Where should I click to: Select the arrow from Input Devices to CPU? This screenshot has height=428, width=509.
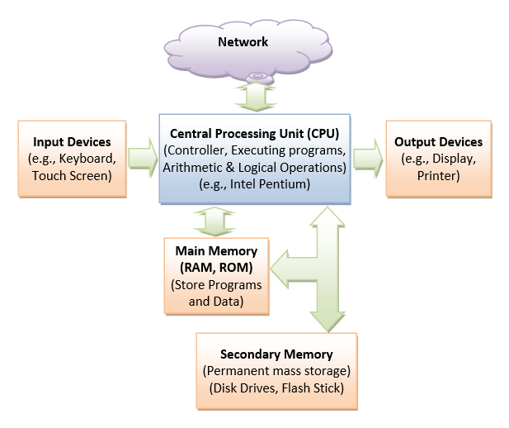142,157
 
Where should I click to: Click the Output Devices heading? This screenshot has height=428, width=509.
438,141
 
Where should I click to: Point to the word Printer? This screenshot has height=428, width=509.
438,175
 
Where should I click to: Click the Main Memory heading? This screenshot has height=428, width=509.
216,251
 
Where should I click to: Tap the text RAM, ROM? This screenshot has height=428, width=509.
216,268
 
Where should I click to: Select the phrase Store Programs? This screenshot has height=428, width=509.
216,285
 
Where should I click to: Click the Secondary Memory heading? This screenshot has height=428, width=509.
277,354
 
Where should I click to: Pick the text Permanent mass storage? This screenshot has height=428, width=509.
277,371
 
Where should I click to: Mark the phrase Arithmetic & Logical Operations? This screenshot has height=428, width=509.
254,167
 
